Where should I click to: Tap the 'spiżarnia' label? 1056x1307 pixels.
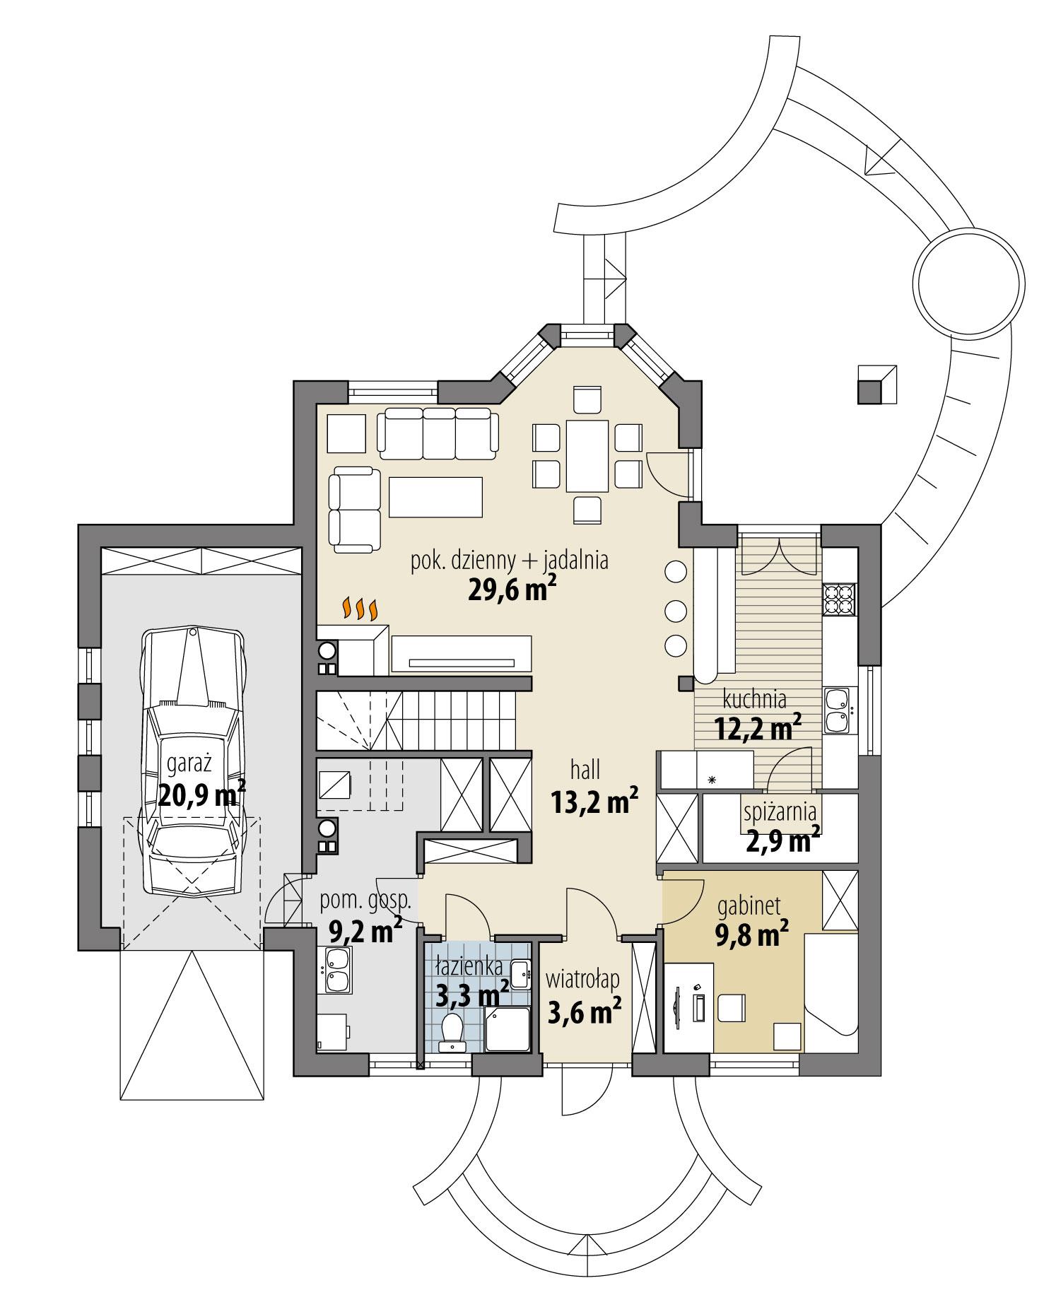click(x=780, y=811)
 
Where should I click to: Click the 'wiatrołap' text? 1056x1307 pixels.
click(x=582, y=980)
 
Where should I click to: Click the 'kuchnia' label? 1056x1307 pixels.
click(x=753, y=700)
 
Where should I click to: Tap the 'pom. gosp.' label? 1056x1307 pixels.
click(x=365, y=901)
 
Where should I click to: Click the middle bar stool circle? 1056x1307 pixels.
click(x=676, y=609)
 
